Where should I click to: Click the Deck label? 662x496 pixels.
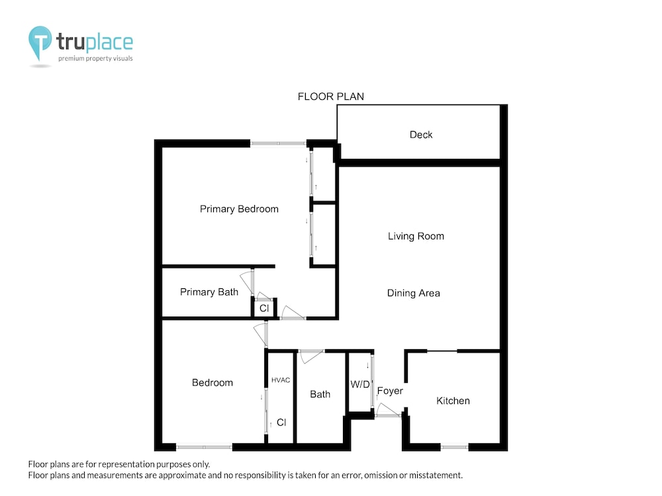coord(421,134)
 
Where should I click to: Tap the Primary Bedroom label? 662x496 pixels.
coord(239,209)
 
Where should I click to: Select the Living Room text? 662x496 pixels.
coord(416,236)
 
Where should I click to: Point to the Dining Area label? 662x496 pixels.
coord(413,293)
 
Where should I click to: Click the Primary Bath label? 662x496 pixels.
coord(209,292)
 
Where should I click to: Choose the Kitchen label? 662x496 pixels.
coord(453,401)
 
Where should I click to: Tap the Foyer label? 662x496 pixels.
coord(390,391)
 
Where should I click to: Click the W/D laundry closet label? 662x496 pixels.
coord(359,384)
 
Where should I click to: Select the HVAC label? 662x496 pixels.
coord(280,380)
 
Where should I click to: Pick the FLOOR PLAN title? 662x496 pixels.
coord(330,97)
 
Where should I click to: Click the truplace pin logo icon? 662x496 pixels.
coord(40,43)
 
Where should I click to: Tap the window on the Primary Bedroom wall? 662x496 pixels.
coord(278,144)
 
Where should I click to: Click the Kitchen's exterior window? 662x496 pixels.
coord(454,447)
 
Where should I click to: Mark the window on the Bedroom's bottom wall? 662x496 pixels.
coord(204,447)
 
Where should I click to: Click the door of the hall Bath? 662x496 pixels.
coord(310,356)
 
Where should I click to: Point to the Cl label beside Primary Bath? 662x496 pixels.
coord(264,308)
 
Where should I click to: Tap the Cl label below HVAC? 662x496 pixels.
coord(281,423)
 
